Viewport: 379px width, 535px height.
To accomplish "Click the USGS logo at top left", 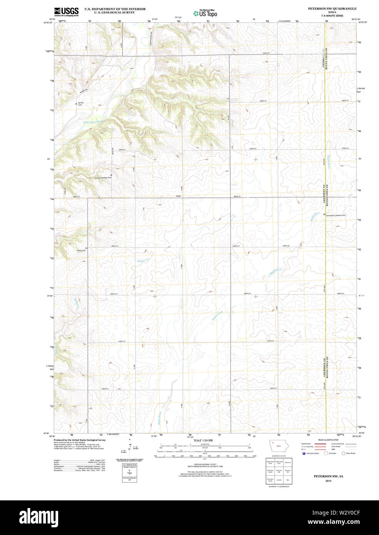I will [x=66, y=12].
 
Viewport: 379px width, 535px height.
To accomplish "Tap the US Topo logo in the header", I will [x=205, y=13].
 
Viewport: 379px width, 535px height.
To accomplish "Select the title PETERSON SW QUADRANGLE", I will [x=332, y=8].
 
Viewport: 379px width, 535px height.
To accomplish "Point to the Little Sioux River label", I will [x=94, y=122].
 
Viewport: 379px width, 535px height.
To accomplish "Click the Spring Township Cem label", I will [x=103, y=178].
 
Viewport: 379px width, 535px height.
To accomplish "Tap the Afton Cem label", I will [x=81, y=251].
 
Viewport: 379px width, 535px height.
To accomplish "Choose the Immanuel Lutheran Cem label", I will [x=336, y=215].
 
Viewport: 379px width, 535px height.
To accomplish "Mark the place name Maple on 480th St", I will [x=178, y=196].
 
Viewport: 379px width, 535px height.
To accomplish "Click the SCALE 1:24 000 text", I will [x=203, y=440].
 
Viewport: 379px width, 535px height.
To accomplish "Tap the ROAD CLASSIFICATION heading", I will [x=328, y=440].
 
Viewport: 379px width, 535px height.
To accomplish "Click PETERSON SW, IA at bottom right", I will [x=328, y=476].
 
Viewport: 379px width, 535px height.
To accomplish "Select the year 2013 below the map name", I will [x=328, y=481].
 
